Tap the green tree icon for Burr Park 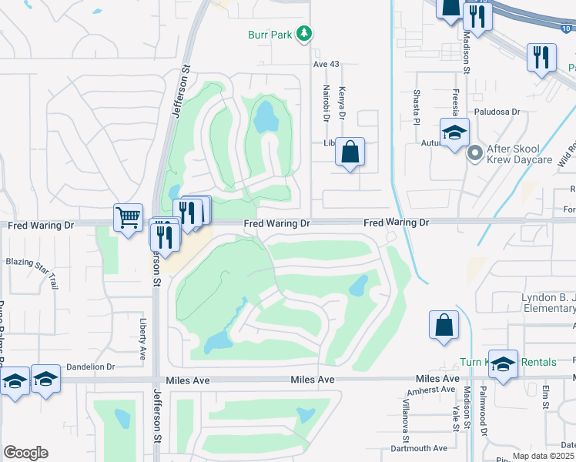[x=306, y=33]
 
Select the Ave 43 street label [x=327, y=64]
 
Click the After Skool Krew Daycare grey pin [x=474, y=152]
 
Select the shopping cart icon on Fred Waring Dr [x=128, y=216]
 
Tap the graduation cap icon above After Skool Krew [x=454, y=132]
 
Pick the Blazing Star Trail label [x=32, y=273]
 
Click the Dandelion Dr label [x=90, y=367]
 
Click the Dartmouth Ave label [x=419, y=448]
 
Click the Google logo [x=26, y=453]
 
